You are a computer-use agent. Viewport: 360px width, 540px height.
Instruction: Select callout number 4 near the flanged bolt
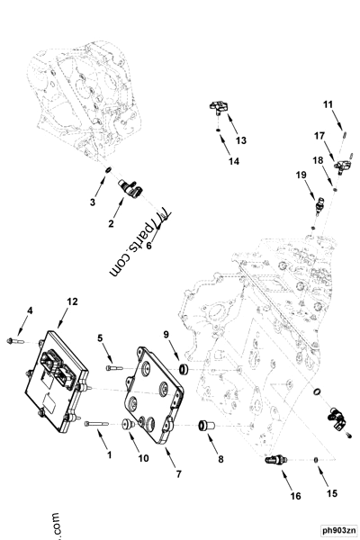pyautogui.click(x=29, y=311)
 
